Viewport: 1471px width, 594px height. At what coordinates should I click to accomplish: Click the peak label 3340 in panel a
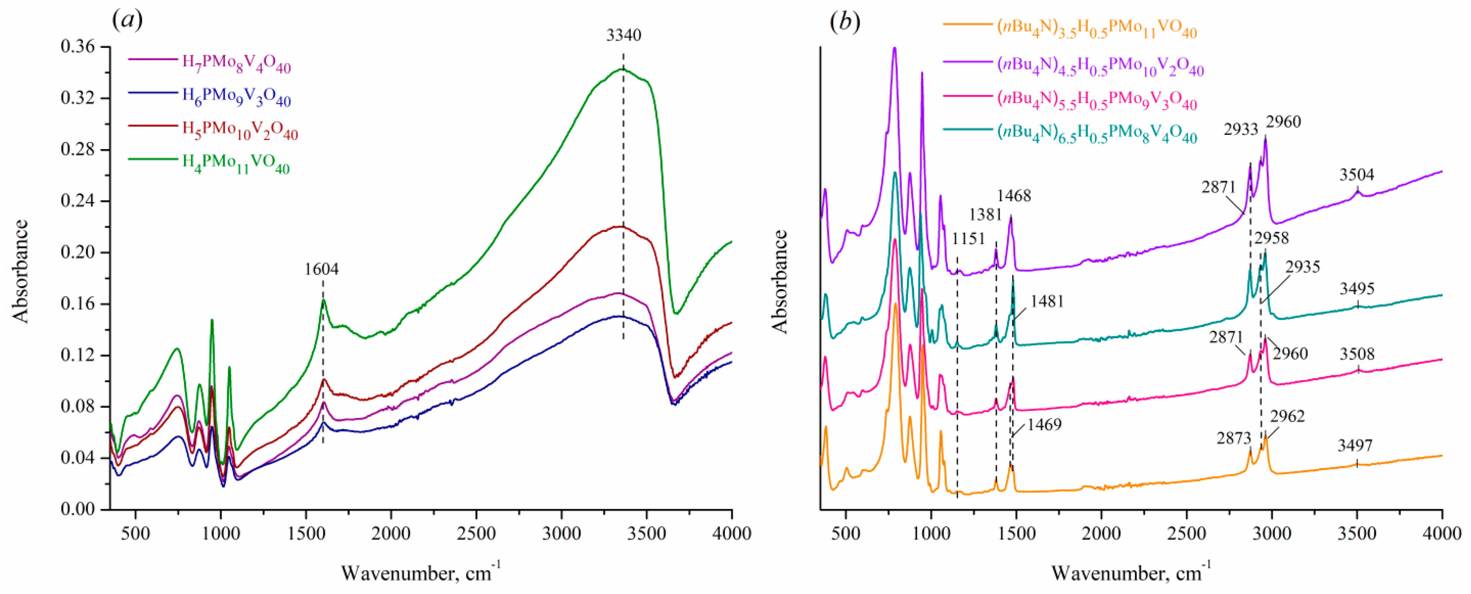pos(624,35)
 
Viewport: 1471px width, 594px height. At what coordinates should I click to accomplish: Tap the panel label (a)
pos(127,21)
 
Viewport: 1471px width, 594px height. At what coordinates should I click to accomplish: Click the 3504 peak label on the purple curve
pos(1357,175)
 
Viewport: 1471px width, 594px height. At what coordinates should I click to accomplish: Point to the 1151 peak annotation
pos(968,238)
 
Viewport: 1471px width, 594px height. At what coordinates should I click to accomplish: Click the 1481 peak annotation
pos(1047,301)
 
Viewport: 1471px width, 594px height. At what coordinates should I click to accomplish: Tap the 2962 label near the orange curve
pos(1287,416)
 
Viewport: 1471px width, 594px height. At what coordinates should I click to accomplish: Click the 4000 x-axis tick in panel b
pos(1442,534)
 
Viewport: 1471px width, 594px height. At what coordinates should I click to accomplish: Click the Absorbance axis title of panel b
pos(780,281)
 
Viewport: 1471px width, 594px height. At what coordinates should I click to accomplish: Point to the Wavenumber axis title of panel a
pos(421,572)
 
